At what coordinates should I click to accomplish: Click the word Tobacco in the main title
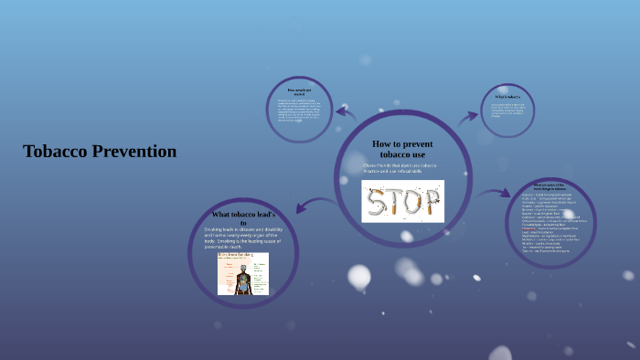(56, 152)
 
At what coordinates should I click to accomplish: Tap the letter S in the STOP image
(378, 202)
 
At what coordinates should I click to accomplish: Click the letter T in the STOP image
(396, 202)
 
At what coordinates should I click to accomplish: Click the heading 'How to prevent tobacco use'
(402, 149)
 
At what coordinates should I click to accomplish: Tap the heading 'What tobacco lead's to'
(243, 217)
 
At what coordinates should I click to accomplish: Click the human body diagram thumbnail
(243, 274)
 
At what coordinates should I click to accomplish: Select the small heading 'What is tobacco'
(507, 96)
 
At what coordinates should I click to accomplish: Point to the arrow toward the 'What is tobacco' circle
(468, 117)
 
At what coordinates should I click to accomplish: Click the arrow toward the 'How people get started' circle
(345, 113)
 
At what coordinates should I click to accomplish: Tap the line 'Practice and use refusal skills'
(393, 172)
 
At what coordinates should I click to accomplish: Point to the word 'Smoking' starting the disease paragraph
(216, 229)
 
